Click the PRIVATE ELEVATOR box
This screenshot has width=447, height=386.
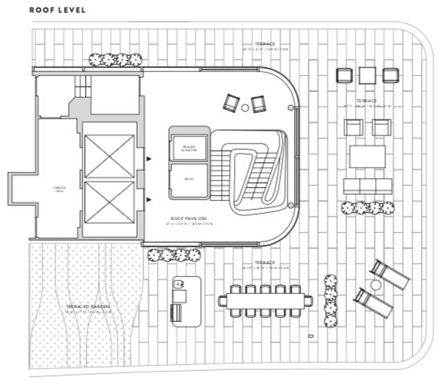(190, 148)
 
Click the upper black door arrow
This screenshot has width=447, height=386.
(148, 159)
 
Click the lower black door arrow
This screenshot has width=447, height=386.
(148, 198)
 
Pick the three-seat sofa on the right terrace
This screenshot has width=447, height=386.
(367, 186)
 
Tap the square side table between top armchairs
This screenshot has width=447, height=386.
(367, 75)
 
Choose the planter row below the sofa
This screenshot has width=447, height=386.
(368, 208)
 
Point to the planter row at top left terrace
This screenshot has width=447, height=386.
(115, 58)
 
